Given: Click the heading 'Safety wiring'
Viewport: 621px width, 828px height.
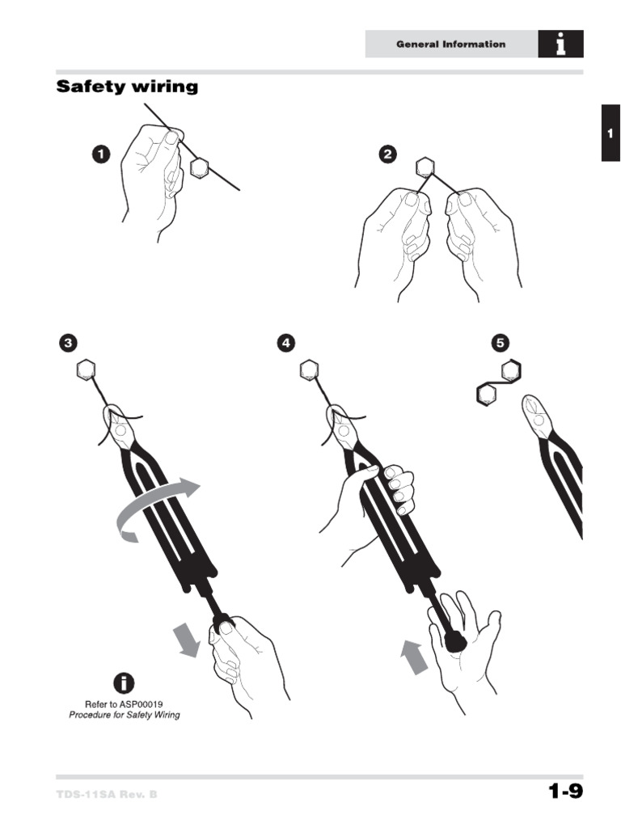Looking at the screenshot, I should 127,87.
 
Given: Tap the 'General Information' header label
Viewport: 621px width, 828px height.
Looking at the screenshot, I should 450,44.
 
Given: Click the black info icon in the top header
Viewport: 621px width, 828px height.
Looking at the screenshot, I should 560,44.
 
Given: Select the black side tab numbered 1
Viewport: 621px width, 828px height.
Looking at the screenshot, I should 610,133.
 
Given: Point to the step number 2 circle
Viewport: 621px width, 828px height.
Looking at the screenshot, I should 389,154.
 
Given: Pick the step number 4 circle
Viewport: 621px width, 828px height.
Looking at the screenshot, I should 285,343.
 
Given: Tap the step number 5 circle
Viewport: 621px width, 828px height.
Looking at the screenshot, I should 501,343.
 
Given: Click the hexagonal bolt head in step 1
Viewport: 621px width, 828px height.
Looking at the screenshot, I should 200,168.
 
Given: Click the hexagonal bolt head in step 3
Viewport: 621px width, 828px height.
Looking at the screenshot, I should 86,371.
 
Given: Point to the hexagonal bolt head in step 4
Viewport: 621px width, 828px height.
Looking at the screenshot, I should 309,371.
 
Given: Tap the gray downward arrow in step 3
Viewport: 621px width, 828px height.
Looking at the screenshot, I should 188,639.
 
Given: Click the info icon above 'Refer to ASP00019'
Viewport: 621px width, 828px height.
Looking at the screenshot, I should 124,683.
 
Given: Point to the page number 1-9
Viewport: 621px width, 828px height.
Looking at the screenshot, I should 565,792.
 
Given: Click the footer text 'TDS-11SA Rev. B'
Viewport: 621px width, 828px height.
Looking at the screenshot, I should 107,794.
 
